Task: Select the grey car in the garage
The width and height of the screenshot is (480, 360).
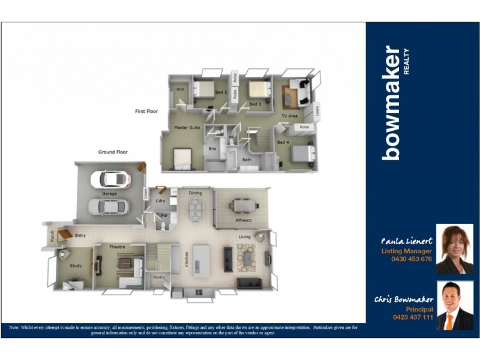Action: tap(109, 206)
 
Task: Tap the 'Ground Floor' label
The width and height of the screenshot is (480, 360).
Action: tap(113, 152)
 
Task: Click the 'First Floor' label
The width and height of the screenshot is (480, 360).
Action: tap(147, 111)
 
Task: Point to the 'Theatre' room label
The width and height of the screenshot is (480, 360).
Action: tap(116, 247)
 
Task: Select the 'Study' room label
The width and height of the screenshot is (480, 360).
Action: tap(75, 265)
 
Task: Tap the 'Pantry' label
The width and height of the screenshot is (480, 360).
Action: tap(158, 277)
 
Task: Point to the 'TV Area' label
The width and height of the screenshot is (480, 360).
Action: tap(289, 116)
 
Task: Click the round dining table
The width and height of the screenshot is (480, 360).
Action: tap(196, 208)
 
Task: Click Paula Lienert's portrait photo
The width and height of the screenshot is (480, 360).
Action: tap(454, 248)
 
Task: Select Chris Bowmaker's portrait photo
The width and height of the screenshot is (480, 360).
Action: tap(454, 306)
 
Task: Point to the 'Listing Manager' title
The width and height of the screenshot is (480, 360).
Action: tap(406, 251)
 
